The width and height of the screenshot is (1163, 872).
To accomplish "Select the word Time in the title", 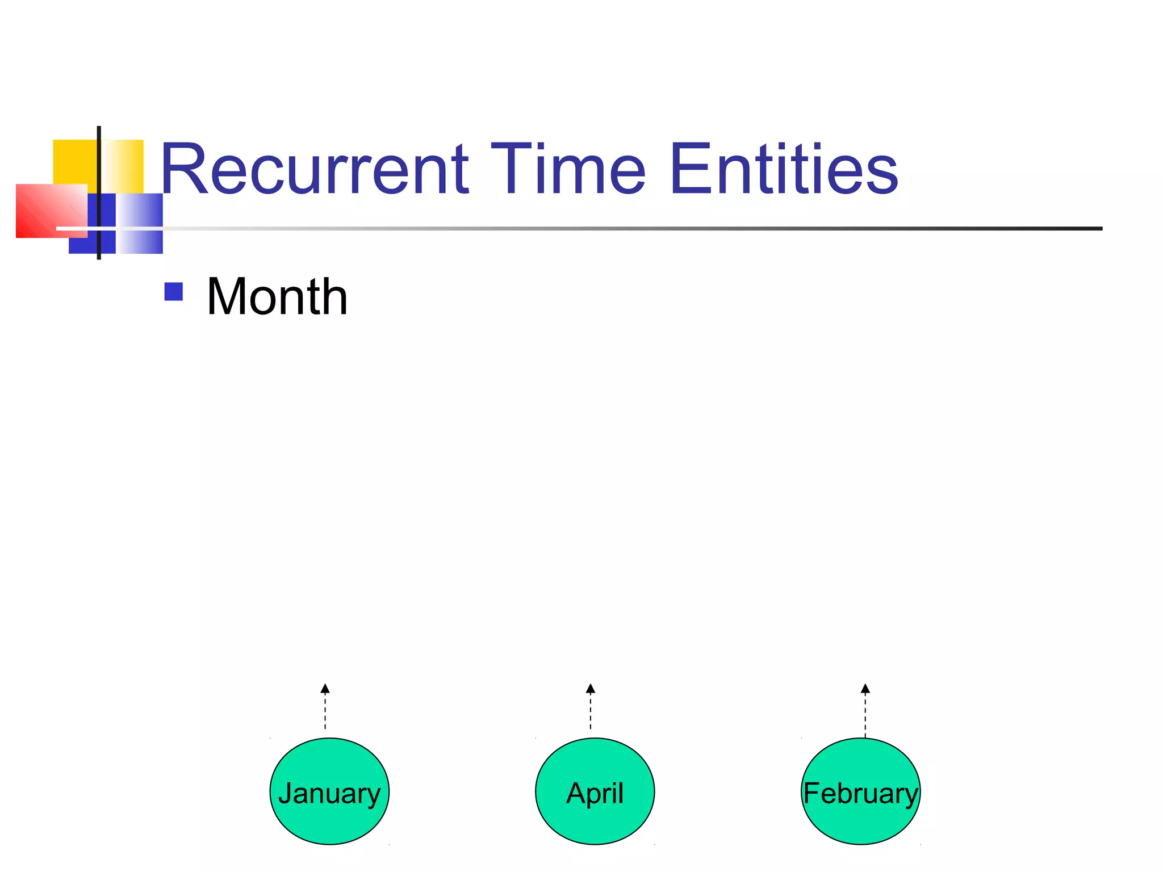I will click(x=568, y=169).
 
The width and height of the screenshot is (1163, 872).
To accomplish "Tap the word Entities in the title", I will click(x=784, y=169).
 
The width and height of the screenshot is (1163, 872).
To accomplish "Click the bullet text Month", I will click(x=277, y=296).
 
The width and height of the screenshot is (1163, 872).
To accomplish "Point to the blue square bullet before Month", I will click(x=173, y=292).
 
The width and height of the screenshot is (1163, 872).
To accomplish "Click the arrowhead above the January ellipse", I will click(x=325, y=689).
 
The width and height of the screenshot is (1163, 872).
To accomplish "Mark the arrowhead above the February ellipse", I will click(x=865, y=689).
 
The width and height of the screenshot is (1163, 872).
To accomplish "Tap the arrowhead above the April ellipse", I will click(x=591, y=689).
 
